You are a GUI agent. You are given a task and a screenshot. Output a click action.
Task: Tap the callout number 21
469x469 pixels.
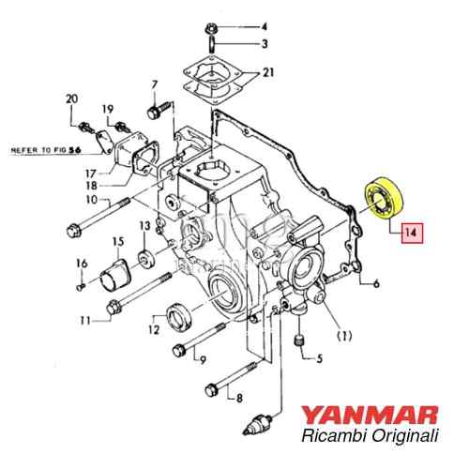(270, 72)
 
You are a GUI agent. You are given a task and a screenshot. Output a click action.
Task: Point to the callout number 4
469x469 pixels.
(264, 26)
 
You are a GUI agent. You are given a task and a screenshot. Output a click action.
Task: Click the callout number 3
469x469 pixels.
(264, 43)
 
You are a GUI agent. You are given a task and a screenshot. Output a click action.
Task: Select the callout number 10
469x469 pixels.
(92, 199)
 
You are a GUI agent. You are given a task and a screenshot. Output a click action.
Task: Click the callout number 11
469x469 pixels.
(84, 321)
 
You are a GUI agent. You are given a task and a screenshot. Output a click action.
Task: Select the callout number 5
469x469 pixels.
(319, 357)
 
